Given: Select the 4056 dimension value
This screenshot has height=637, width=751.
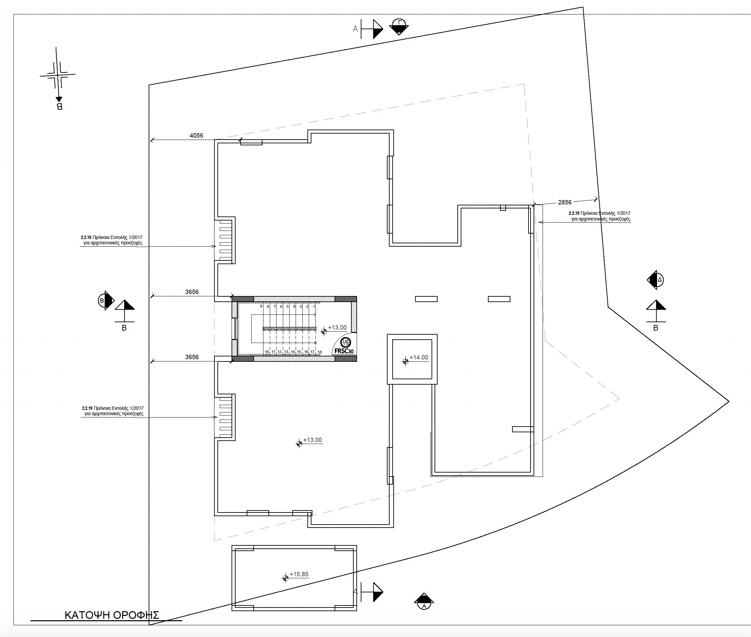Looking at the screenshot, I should (196, 135).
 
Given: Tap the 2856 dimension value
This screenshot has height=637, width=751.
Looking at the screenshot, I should (565, 202).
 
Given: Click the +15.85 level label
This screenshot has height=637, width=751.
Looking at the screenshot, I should (299, 574).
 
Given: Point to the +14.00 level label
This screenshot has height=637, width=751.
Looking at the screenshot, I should (418, 357).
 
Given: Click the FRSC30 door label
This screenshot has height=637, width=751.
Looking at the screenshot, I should (344, 351).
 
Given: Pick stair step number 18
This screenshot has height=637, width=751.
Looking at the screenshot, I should (319, 352).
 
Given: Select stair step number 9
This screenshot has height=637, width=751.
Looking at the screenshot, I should (261, 306).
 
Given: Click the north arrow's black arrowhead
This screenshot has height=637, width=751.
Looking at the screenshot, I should (58, 99).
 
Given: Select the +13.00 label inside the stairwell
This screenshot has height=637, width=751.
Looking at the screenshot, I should (337, 328).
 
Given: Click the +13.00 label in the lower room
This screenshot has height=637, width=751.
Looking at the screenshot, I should (312, 440).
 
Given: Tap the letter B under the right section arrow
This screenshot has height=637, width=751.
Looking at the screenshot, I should (656, 328).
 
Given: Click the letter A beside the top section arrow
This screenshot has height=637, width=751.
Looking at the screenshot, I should (355, 29).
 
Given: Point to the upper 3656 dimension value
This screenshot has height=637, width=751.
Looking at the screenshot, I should (192, 292).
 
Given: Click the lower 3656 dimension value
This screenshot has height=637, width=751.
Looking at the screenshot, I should (192, 357).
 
